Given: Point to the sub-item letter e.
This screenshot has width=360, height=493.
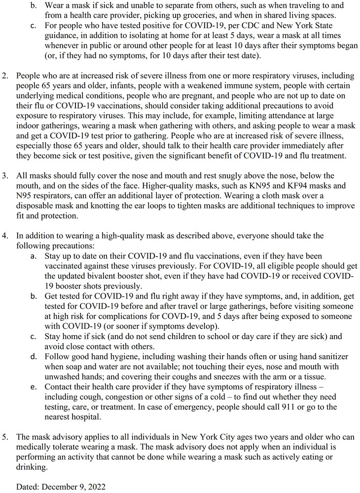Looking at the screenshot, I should [x=33, y=386].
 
